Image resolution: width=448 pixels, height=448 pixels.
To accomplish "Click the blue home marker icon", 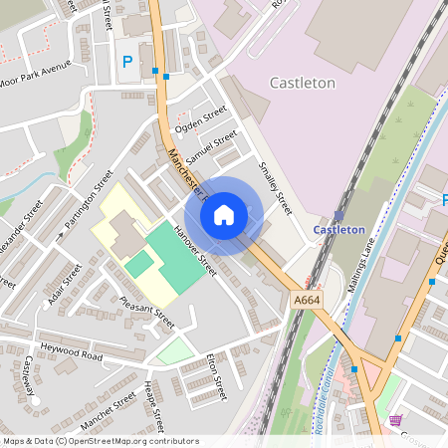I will [x=224, y=215].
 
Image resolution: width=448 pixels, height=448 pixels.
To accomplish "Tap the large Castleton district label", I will [x=303, y=84].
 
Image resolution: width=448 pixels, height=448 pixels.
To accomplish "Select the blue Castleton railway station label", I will [x=339, y=229].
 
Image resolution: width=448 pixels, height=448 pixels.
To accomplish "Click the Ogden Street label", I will [x=201, y=120].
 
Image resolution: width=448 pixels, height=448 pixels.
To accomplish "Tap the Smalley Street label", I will [x=274, y=186].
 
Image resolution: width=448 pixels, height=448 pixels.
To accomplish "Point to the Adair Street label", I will [x=64, y=285].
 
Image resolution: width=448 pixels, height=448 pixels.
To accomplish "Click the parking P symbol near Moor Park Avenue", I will [x=126, y=62].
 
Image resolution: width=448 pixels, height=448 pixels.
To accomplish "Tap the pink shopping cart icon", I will [x=396, y=421].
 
